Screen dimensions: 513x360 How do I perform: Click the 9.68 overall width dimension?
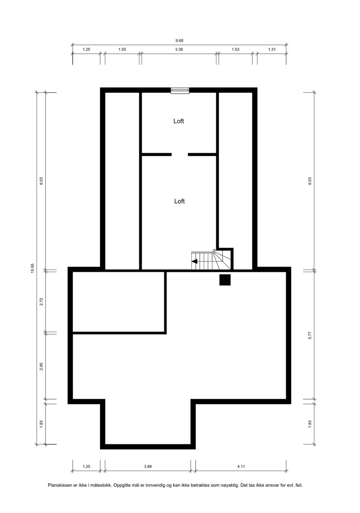tap(179, 41)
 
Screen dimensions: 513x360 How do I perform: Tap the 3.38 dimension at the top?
tap(179, 49)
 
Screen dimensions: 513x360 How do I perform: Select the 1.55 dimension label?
tap(122, 49)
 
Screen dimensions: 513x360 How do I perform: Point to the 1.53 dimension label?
tap(235, 49)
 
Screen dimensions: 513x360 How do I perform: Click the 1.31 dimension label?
tap(272, 49)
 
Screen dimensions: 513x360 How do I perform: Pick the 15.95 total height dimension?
tap(32, 268)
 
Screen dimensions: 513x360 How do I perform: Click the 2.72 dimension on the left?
tap(41, 302)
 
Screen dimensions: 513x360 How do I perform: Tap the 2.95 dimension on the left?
tap(41, 366)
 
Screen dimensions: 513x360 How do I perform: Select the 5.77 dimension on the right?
tap(310, 335)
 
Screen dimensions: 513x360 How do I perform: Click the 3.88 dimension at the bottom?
tap(148, 467)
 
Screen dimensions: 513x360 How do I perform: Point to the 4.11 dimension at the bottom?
tap(241, 467)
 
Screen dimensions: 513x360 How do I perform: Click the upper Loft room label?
tap(179, 121)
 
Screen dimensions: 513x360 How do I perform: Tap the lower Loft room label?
tap(179, 201)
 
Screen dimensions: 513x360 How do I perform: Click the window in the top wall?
tap(180, 91)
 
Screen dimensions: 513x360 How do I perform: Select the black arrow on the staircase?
tap(194, 261)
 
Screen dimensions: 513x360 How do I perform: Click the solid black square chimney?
tap(225, 280)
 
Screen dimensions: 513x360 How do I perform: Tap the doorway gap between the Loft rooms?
tap(180, 155)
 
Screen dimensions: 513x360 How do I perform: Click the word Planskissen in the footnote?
tap(59, 485)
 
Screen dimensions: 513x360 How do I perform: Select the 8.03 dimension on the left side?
tap(41, 181)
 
